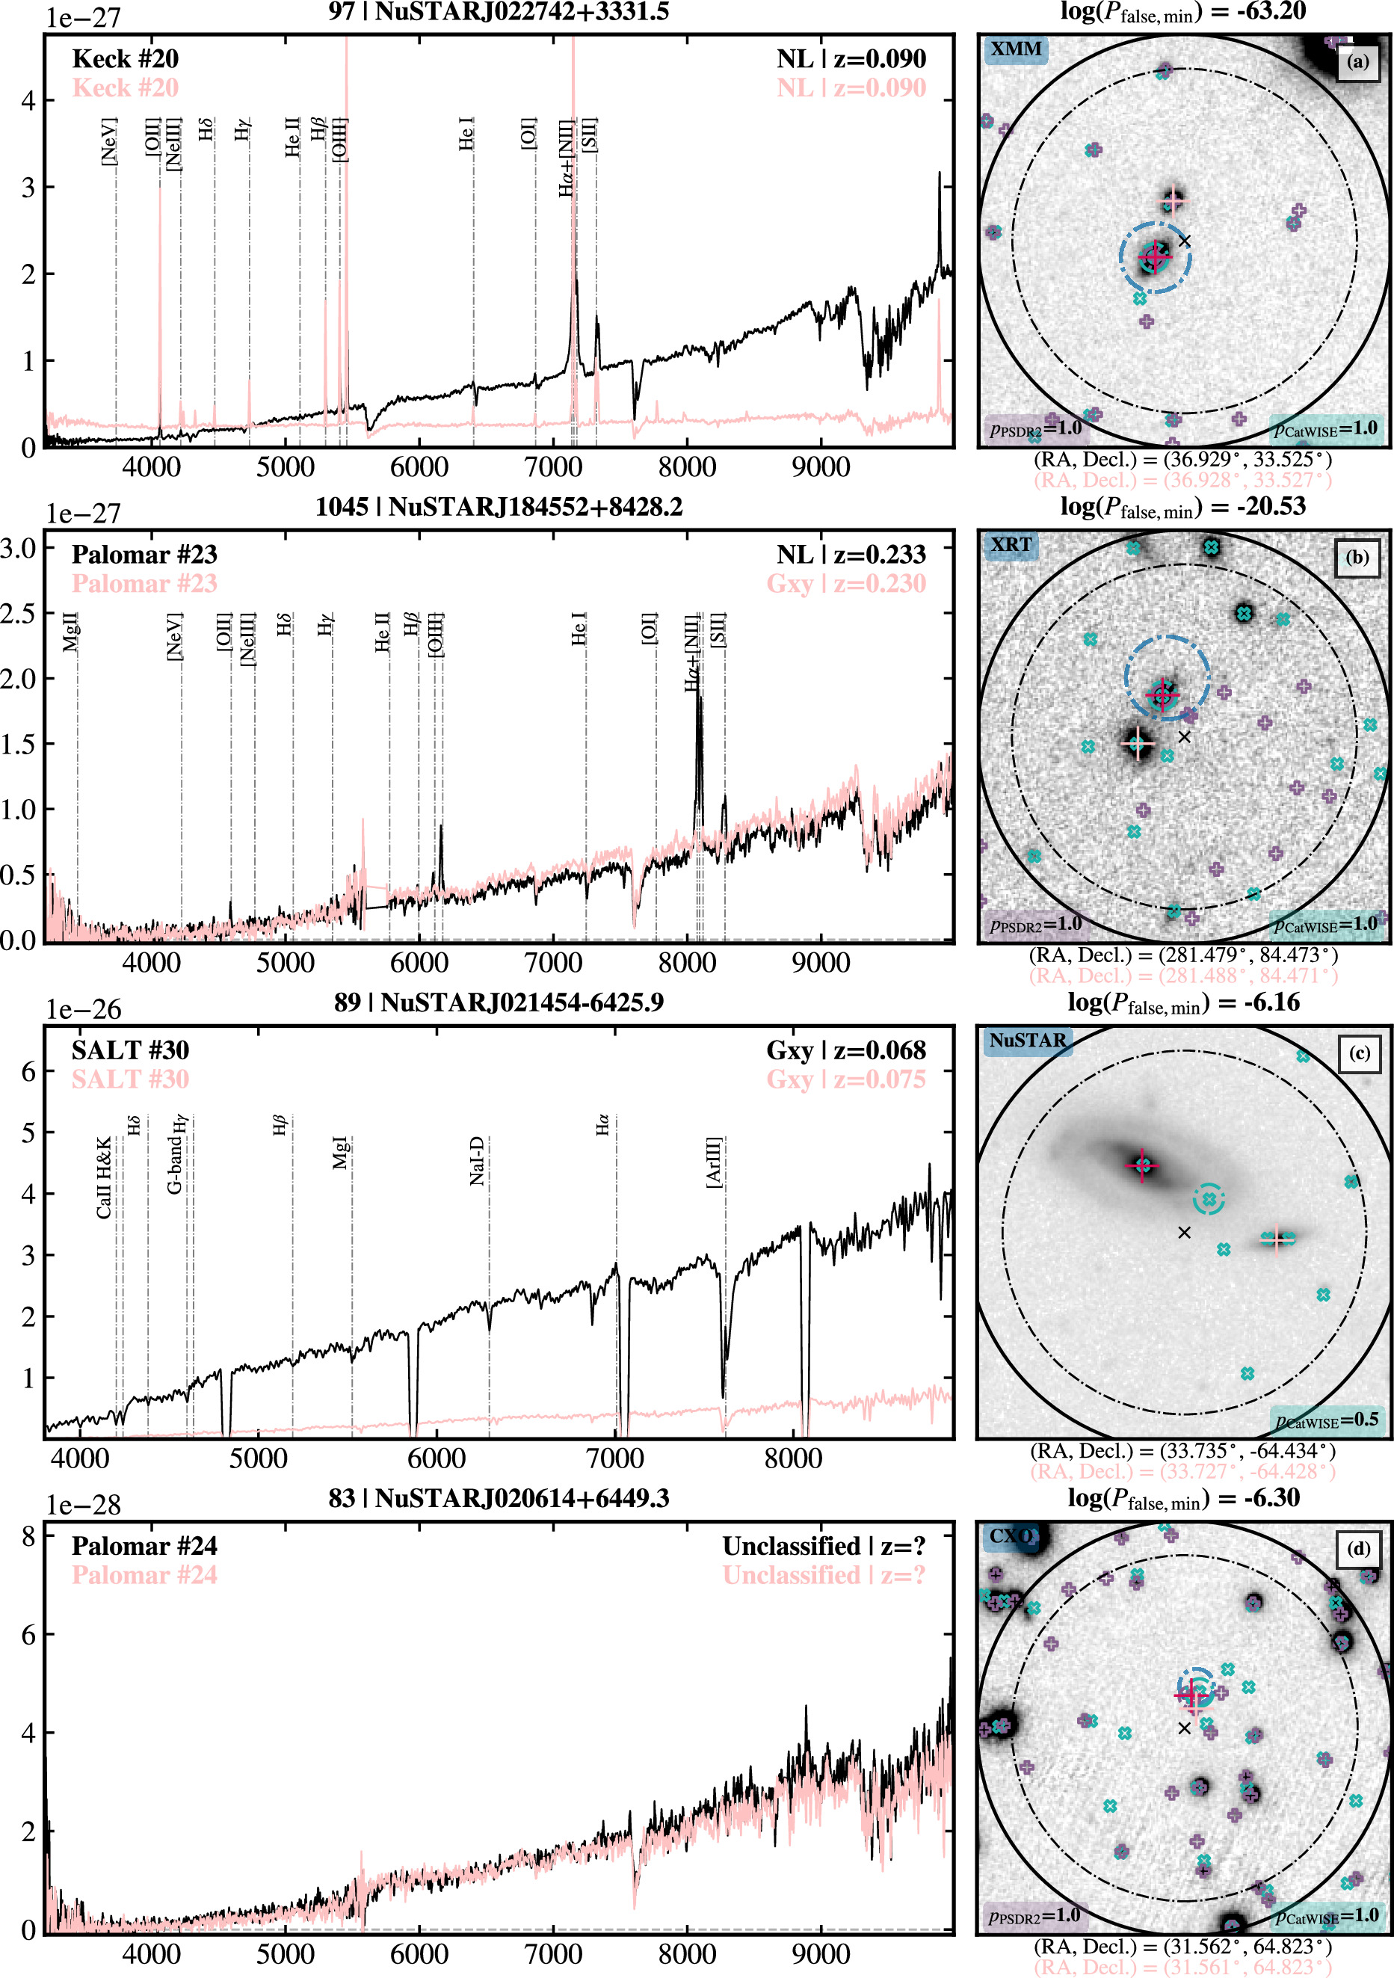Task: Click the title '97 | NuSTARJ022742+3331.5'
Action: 498,11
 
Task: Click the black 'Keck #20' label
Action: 125,58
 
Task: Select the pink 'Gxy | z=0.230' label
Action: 846,583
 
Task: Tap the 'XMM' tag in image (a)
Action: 1016,49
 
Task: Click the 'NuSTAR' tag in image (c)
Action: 1027,1040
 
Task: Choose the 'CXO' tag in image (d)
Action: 1010,1535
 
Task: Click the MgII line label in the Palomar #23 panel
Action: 71,631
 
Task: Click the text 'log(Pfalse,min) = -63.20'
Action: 1183,12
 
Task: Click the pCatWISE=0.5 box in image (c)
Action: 1327,1419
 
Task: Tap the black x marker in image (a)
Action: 1185,241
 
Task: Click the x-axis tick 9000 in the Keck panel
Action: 820,467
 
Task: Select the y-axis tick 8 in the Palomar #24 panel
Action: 28,1536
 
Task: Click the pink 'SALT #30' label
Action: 130,1079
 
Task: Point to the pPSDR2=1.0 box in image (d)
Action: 1034,1915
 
